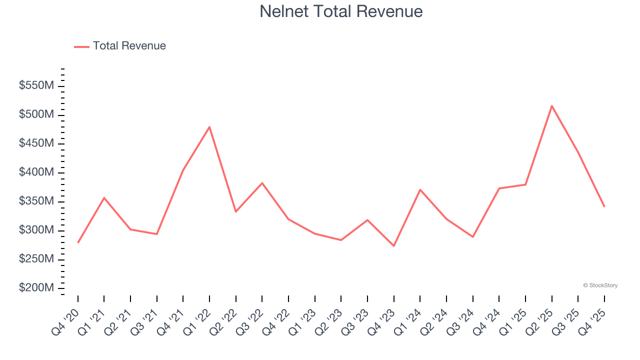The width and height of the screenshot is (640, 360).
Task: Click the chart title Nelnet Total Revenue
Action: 341,11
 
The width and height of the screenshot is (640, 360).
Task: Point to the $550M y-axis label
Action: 36,85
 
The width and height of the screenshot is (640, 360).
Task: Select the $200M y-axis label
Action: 36,288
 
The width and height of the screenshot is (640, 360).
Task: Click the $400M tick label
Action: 36,172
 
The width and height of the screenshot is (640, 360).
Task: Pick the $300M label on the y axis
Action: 36,230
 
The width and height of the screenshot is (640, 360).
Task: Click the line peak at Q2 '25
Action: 551,106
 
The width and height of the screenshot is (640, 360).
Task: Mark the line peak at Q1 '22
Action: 209,127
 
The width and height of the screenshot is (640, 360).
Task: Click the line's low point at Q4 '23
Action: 393,245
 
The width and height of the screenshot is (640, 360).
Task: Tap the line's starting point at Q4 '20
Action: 78,242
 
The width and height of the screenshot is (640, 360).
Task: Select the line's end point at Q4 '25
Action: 604,206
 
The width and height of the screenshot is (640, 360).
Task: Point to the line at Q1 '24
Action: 420,189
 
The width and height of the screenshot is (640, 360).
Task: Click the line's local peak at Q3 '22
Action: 262,183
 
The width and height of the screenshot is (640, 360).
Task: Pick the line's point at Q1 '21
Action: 104,198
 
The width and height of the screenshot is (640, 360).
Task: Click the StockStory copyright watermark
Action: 600,285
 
